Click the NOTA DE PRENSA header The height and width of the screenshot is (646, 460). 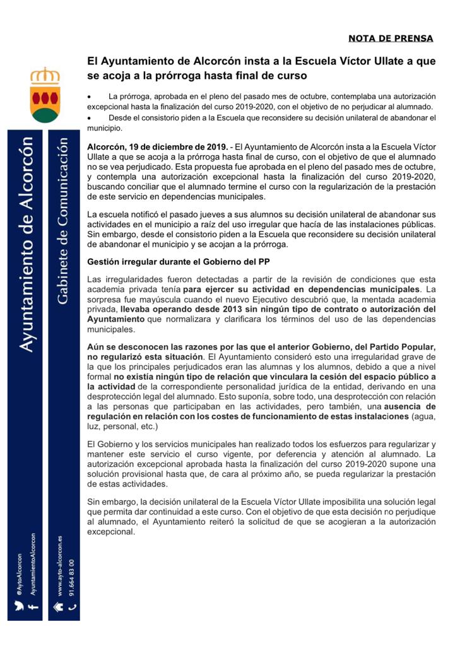point(391,38)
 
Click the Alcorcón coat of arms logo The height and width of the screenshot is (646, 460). point(45,95)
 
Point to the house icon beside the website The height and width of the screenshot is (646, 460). point(59,606)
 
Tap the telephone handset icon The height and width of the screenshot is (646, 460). point(72,607)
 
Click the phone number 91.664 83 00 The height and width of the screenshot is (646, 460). point(72,577)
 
